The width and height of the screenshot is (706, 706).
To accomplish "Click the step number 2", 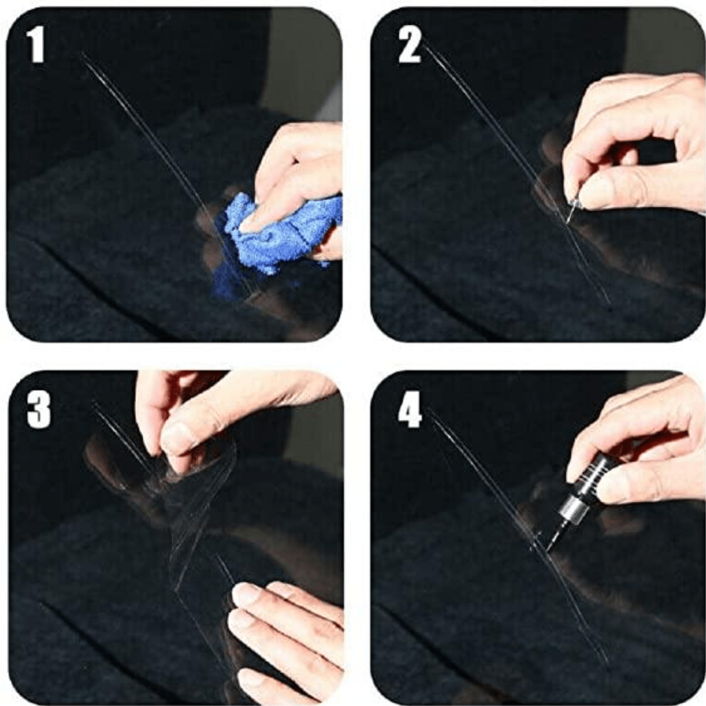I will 410,46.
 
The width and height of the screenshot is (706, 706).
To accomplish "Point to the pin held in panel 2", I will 572,210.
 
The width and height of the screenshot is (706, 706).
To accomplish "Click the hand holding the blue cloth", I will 303,172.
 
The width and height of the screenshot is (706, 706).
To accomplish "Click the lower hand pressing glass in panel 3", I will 290,634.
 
